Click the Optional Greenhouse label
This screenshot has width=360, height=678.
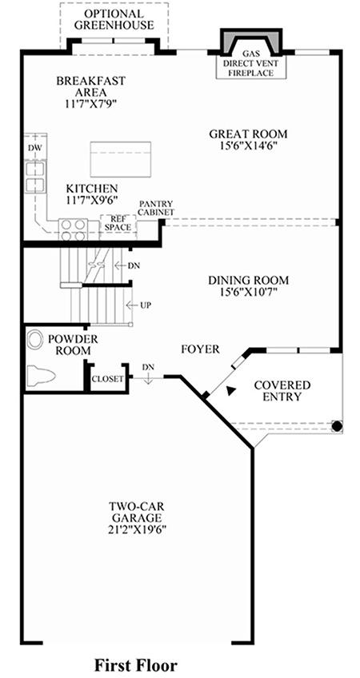114,19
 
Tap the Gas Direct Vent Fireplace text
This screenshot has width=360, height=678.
251,64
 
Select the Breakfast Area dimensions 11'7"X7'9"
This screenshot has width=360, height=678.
91,104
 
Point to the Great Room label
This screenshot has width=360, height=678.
248,134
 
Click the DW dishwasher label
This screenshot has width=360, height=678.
34,148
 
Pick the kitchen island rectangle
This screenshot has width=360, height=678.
120,159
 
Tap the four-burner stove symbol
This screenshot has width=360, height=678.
73,230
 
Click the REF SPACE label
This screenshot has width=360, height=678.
118,223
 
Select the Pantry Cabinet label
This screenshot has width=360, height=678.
157,208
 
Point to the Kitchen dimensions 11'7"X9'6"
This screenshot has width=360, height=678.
92,200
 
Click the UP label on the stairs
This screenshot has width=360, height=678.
146,305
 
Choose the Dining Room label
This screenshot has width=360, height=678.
248,280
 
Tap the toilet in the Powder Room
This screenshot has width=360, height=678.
41,375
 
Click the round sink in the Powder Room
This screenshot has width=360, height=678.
34,340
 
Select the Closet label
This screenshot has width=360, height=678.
108,379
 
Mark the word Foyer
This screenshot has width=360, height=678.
200,349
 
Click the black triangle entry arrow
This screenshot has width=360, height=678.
231,390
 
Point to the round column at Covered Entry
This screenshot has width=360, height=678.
337,426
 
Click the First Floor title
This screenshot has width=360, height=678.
136,664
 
